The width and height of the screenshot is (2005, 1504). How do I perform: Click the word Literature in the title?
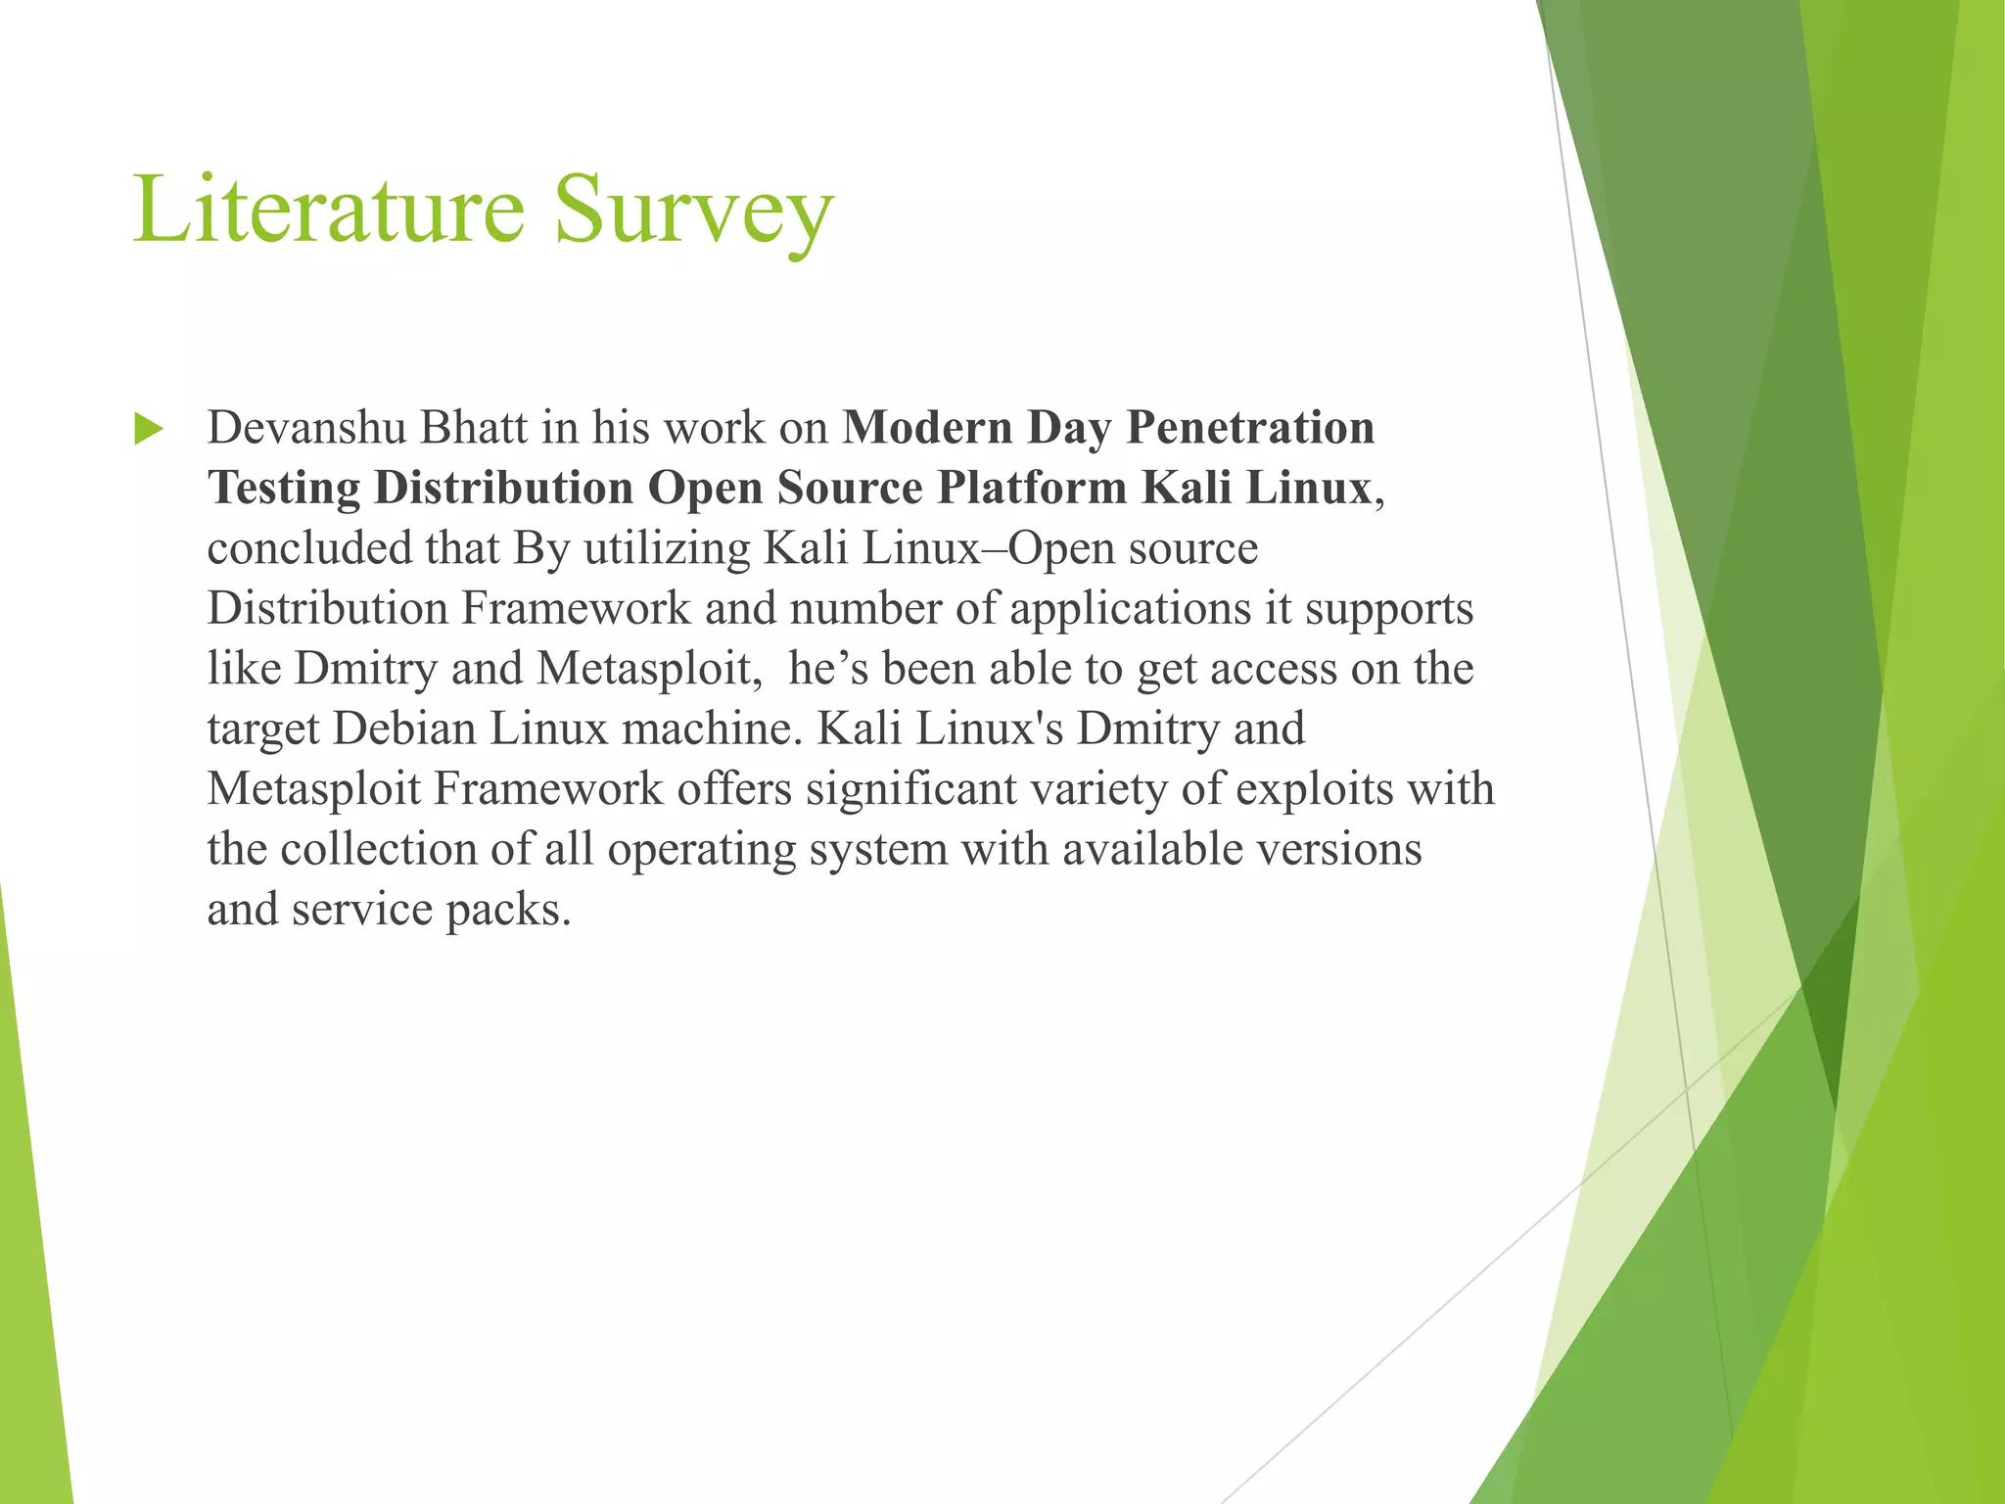pos(329,210)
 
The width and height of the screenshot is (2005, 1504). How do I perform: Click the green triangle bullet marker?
pos(148,429)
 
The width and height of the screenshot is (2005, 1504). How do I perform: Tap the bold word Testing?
pos(283,489)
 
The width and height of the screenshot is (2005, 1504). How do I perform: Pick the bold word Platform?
pos(1032,489)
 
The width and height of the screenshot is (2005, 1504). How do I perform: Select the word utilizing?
pos(667,548)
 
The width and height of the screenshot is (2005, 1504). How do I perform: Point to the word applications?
pos(1130,609)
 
